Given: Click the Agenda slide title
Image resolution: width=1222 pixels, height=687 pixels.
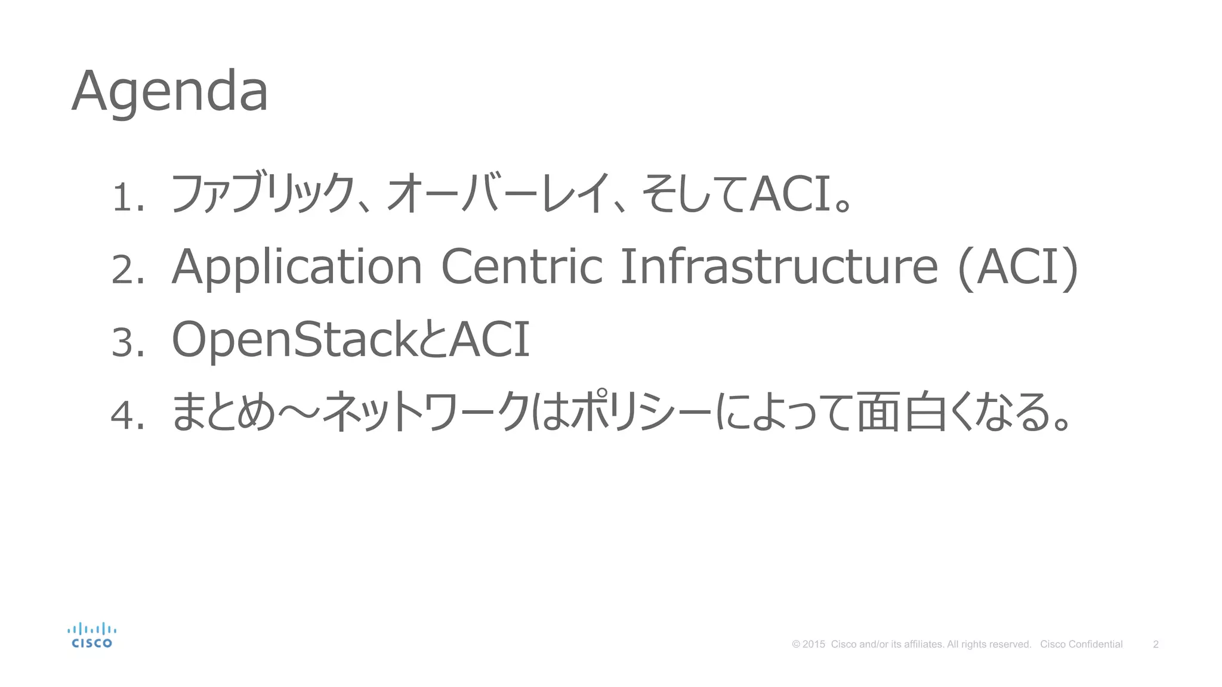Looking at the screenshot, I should click(x=170, y=91).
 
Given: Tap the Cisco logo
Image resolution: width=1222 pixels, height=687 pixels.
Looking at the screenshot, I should click(x=91, y=635).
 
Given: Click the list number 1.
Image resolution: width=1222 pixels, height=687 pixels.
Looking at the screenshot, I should click(x=126, y=197).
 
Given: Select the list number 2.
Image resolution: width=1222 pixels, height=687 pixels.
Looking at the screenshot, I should click(x=127, y=270).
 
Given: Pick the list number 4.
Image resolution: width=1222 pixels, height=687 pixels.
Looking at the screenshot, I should click(x=127, y=415).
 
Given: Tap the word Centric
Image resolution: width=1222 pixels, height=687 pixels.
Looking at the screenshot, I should click(x=521, y=267).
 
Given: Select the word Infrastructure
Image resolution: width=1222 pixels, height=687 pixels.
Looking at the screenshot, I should click(x=779, y=267).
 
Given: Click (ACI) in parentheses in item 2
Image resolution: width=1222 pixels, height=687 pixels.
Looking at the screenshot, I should click(x=1018, y=267).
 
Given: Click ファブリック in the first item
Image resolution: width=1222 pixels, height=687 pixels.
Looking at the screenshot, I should click(x=263, y=193).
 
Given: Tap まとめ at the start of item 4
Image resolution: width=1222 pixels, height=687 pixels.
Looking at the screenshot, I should click(x=224, y=411).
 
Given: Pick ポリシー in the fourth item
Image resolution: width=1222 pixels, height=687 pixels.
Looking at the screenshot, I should click(x=641, y=411).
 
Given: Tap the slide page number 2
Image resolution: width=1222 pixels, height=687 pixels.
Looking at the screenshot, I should click(x=1156, y=644).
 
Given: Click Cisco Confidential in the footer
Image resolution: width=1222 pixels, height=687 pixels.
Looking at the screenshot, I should click(x=1081, y=644).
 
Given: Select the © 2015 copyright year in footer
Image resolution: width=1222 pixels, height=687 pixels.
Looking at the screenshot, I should click(x=809, y=644).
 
